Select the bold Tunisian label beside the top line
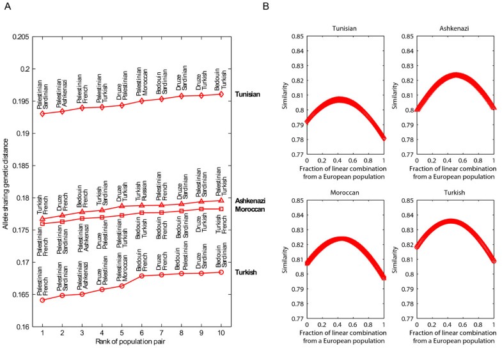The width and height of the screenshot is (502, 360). pos(251,94)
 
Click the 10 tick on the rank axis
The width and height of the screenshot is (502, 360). pos(221,333)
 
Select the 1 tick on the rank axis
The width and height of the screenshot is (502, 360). pos(42,333)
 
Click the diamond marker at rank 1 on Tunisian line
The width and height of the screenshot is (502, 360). pos(42,114)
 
